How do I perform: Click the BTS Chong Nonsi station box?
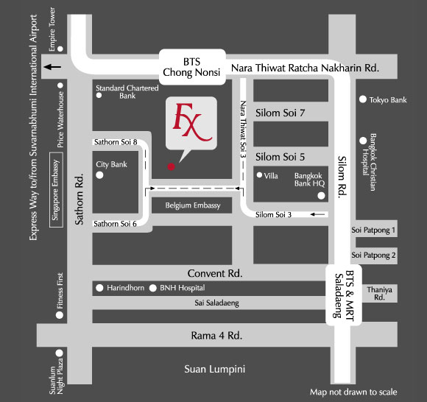tap(192, 67)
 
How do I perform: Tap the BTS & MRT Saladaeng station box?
tap(344, 295)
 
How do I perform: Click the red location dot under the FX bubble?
tap(171, 166)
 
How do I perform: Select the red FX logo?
tap(192, 122)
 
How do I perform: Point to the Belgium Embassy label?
tap(193, 205)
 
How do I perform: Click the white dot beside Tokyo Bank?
tap(363, 99)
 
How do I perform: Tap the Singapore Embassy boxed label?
tap(56, 190)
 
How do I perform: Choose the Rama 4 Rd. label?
tap(216, 336)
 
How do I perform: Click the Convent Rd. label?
tap(215, 273)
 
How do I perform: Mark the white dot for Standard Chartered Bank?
tap(99, 95)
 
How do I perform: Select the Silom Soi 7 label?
tap(280, 113)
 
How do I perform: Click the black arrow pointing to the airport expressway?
tap(52, 67)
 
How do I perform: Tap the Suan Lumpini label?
tap(214, 370)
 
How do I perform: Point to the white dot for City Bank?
tap(99, 175)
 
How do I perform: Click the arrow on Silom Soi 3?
tap(317, 214)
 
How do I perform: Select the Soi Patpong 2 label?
tap(373, 255)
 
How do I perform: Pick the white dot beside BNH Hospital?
tap(153, 288)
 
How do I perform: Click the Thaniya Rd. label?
tap(379, 293)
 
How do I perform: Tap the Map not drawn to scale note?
tap(353, 392)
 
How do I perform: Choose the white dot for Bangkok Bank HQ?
tap(321, 196)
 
